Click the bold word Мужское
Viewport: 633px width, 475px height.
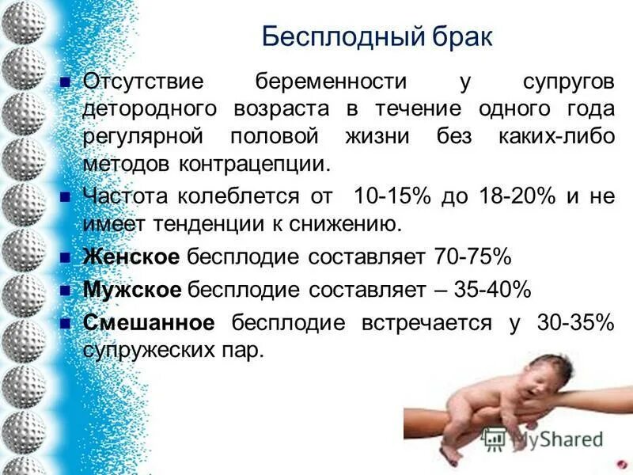(132, 290)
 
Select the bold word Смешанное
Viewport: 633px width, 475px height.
(149, 323)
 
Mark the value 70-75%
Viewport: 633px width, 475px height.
(472, 257)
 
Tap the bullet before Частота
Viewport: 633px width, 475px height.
(66, 197)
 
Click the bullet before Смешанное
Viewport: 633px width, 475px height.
(66, 323)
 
